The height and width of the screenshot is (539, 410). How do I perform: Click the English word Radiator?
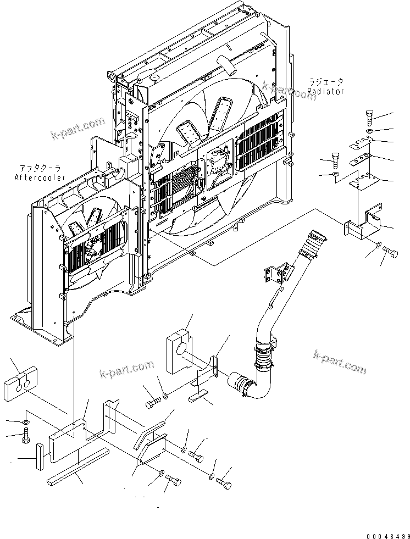(x=326, y=91)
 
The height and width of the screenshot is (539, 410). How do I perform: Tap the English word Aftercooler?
(x=40, y=177)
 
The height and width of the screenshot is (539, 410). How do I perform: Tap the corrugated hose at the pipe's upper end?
(x=314, y=243)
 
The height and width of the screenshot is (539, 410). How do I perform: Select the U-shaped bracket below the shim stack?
(x=364, y=225)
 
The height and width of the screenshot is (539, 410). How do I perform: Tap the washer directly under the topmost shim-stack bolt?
(x=369, y=132)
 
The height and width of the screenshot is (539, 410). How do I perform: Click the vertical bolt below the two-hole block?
(x=26, y=438)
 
